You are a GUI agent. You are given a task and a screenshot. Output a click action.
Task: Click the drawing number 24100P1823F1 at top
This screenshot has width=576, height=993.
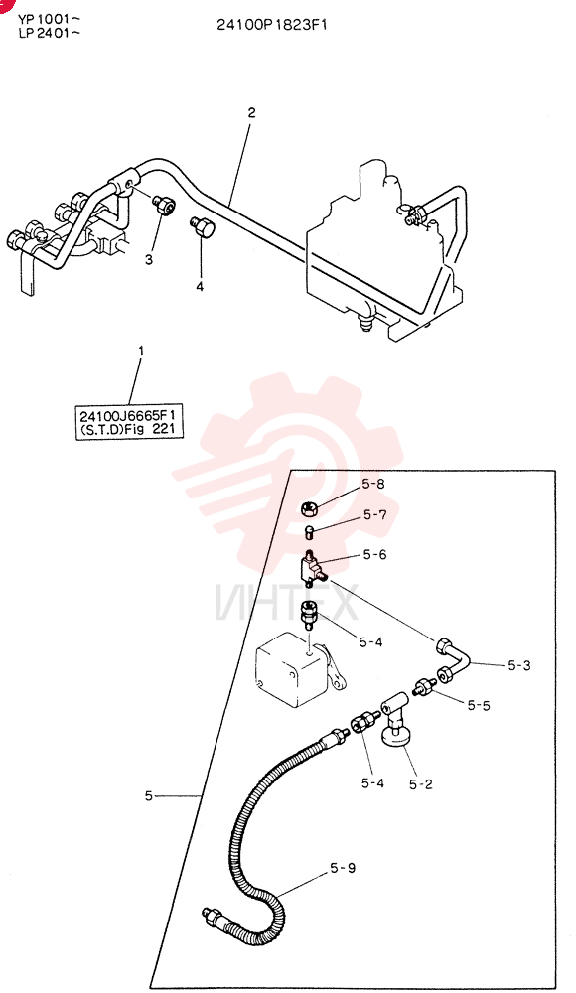point(272,25)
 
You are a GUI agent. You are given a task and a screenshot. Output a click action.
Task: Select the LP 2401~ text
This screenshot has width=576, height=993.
point(49,33)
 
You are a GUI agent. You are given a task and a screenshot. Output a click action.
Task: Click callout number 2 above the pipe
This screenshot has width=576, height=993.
point(251,113)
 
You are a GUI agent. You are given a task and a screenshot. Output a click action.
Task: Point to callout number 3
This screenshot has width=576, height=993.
point(148,259)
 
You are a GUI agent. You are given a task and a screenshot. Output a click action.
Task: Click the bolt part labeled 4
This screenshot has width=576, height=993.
point(203,227)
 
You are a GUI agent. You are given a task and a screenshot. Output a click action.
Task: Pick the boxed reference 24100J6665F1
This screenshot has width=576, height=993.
point(129,416)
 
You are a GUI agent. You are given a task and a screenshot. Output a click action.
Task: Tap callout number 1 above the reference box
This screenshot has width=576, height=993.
point(141,351)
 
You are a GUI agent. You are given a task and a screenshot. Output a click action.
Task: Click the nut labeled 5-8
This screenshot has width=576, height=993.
point(308,506)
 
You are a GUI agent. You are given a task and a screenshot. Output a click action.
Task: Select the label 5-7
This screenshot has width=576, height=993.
point(374,514)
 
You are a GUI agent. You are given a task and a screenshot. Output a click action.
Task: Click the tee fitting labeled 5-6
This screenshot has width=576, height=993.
point(312,569)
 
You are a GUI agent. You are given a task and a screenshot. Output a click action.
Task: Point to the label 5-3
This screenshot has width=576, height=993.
point(519,665)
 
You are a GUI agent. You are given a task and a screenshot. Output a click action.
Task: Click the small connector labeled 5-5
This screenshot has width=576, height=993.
point(423,686)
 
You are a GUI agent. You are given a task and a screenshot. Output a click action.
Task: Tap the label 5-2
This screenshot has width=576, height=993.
point(420,784)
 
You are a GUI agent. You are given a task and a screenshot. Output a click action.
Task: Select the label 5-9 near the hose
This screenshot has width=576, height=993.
point(343,868)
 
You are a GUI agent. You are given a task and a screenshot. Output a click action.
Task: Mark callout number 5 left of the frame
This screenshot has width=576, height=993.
point(148,796)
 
